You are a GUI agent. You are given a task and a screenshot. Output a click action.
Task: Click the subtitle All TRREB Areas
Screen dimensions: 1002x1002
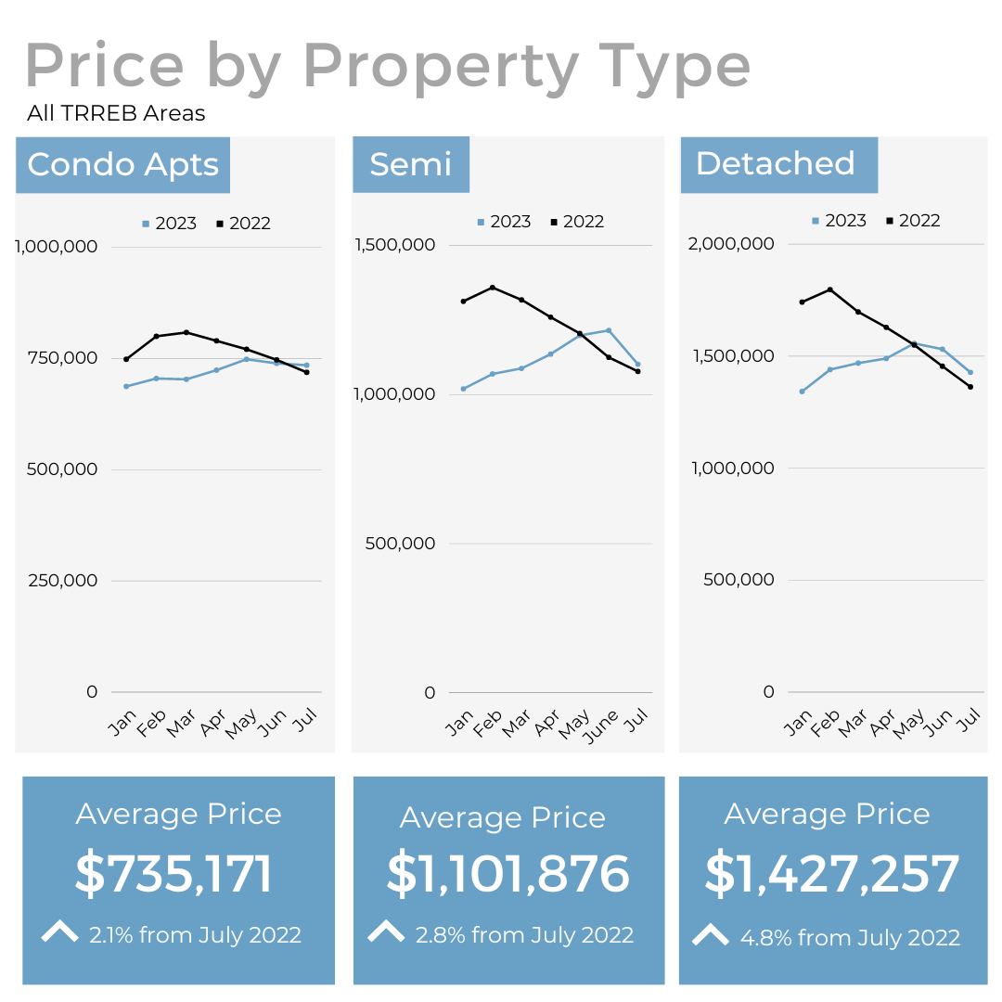[x=116, y=114]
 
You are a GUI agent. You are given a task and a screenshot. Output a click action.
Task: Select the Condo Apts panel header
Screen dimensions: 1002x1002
[x=122, y=165]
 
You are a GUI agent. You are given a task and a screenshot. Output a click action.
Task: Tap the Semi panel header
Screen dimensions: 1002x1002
[x=410, y=164]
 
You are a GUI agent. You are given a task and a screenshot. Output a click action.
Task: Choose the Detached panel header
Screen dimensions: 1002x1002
[x=776, y=163]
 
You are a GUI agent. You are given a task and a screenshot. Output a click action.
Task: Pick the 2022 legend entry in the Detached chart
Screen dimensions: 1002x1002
[x=913, y=221]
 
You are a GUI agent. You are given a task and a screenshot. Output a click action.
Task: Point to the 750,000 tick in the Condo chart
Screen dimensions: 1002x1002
[x=58, y=358]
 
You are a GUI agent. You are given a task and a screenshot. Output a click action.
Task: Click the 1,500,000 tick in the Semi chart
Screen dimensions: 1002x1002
[x=394, y=245]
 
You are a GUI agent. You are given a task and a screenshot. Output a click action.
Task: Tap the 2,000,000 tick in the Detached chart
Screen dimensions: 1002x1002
[x=730, y=244]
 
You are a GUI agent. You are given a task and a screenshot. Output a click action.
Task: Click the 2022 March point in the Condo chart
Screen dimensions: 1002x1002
[x=186, y=332]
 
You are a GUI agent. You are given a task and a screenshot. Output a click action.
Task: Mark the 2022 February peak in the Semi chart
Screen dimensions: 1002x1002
[x=493, y=288]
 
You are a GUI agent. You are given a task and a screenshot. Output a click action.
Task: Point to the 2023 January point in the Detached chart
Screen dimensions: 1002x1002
[x=802, y=392]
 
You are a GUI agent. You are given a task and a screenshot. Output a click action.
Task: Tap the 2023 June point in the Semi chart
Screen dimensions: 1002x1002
[x=609, y=330]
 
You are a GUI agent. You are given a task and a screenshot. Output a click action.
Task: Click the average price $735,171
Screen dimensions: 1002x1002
[x=174, y=874]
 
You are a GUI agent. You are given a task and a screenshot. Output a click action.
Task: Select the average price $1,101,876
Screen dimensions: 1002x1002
[x=508, y=874]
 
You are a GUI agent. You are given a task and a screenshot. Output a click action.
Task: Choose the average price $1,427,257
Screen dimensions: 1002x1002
[x=832, y=874]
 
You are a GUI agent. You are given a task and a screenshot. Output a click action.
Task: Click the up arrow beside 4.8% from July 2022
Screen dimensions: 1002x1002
[x=711, y=935]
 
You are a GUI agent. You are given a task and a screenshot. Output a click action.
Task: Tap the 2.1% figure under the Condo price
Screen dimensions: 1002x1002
[x=111, y=935]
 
